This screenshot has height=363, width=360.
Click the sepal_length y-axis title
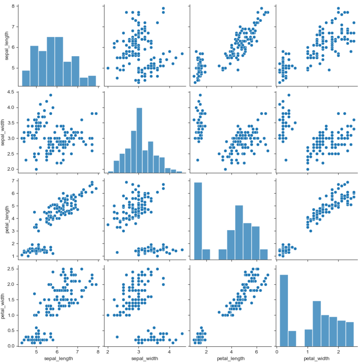(5, 44)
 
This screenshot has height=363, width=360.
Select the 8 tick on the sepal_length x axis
(98, 352)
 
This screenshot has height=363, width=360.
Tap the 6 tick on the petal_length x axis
(256, 352)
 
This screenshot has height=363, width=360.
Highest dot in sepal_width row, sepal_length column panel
(51, 95)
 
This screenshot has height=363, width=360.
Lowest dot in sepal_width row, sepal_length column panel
(36, 169)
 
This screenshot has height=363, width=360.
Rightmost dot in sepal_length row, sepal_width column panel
(182, 53)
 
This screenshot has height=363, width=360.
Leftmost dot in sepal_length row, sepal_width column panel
(108, 68)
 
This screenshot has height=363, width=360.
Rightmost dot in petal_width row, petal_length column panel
(268, 275)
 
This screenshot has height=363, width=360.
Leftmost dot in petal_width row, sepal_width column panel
(108, 315)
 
